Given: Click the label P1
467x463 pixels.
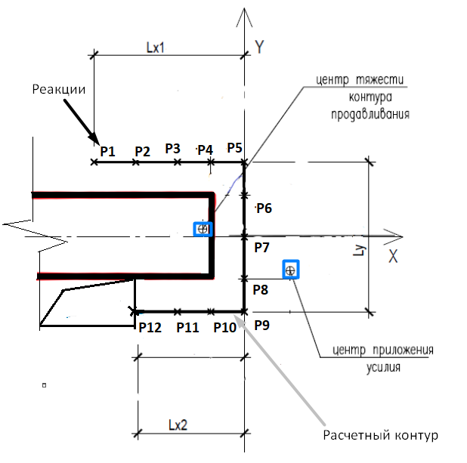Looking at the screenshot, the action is pyautogui.click(x=107, y=151).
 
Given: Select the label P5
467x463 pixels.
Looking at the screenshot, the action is pyautogui.click(x=235, y=148).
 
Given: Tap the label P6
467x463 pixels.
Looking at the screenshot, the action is pyautogui.click(x=264, y=208).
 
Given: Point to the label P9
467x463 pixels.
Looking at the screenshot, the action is pyautogui.click(x=262, y=325).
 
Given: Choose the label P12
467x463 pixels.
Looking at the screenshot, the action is pyautogui.click(x=150, y=328).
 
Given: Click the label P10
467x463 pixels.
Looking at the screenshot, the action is pyautogui.click(x=225, y=328).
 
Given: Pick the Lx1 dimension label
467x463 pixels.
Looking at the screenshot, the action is pyautogui.click(x=155, y=48).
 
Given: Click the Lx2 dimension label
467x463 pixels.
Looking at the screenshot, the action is pyautogui.click(x=178, y=425).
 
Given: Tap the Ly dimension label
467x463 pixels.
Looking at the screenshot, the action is pyautogui.click(x=359, y=250).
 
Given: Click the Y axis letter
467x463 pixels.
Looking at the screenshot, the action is pyautogui.click(x=259, y=47).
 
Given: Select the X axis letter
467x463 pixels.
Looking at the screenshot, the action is pyautogui.click(x=393, y=256).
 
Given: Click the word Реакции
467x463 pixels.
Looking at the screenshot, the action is pyautogui.click(x=59, y=89).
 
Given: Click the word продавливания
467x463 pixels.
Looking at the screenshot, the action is pyautogui.click(x=370, y=114).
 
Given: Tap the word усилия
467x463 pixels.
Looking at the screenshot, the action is pyautogui.click(x=383, y=367).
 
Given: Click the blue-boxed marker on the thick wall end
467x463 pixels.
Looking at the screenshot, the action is pyautogui.click(x=203, y=229).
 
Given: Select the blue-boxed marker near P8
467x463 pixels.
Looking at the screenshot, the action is pyautogui.click(x=291, y=270).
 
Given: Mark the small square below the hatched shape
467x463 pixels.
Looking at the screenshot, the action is pyautogui.click(x=44, y=385).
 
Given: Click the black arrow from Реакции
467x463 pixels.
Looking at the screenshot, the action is pyautogui.click(x=82, y=122).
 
